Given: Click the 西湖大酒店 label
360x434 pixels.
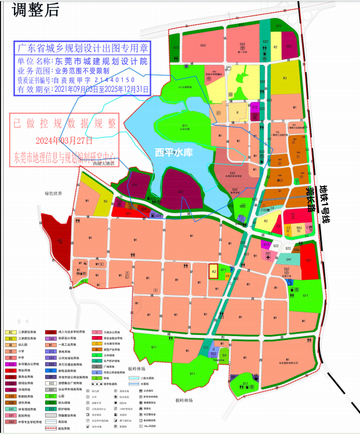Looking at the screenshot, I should [x=104, y=165].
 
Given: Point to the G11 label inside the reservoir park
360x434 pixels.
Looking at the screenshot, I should [x=185, y=126].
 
